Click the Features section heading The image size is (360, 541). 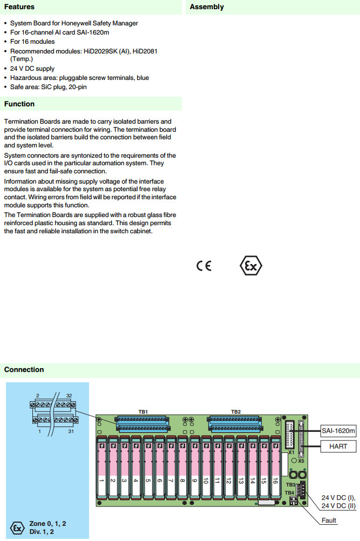click(x=19, y=7)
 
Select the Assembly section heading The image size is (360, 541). click(x=207, y=7)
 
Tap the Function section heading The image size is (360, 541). click(x=19, y=104)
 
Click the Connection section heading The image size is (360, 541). click(x=24, y=369)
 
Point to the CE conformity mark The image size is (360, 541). click(x=204, y=266)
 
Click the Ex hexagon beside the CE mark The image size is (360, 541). click(x=251, y=266)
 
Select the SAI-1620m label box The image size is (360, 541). click(x=338, y=431)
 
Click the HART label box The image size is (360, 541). click(x=338, y=447)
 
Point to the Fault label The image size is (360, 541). click(x=329, y=520)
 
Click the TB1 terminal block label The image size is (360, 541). click(x=143, y=412)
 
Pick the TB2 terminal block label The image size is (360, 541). click(x=236, y=412)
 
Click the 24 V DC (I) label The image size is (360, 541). click(x=338, y=497)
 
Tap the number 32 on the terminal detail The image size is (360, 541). click(x=69, y=396)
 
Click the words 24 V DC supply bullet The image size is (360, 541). click(x=32, y=69)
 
